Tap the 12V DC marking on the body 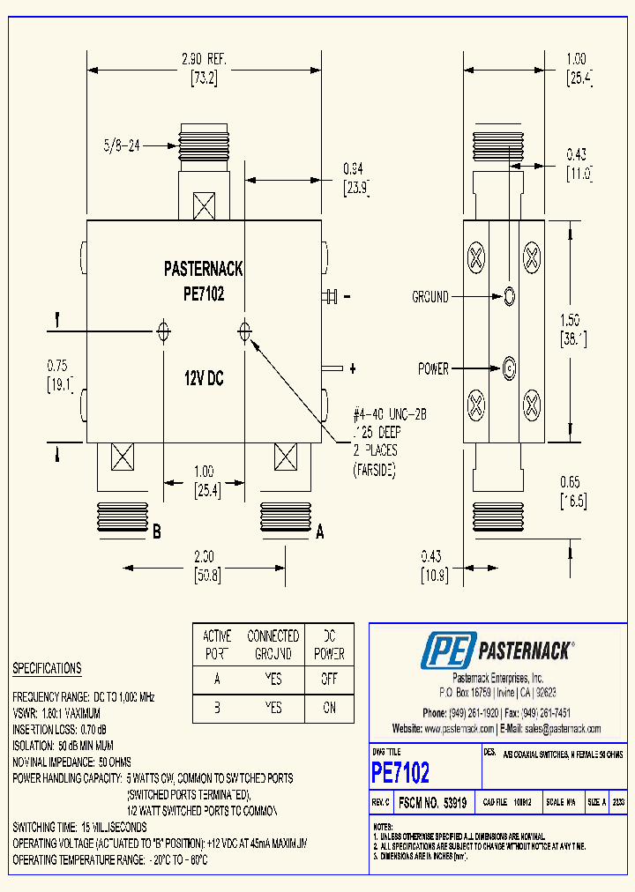pyautogui.click(x=204, y=378)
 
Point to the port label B pyautogui.click(x=156, y=531)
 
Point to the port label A pyautogui.click(x=320, y=531)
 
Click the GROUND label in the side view pyautogui.click(x=430, y=298)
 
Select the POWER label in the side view pyautogui.click(x=433, y=368)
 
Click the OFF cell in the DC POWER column pyautogui.click(x=329, y=680)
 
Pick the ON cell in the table pyautogui.click(x=329, y=708)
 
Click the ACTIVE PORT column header pyautogui.click(x=217, y=645)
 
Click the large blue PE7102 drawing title pyautogui.click(x=400, y=773)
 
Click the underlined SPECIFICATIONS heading pyautogui.click(x=47, y=669)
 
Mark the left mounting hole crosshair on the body pyautogui.click(x=163, y=331)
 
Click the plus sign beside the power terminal pyautogui.click(x=353, y=368)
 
